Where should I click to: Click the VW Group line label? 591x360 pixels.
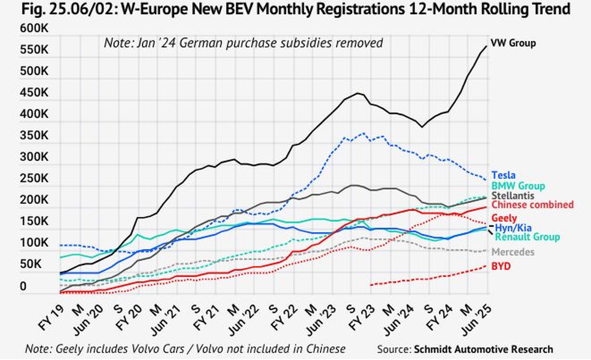tap(513, 43)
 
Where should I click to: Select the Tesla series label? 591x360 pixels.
tap(503, 175)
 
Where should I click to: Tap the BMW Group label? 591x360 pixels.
tap(518, 186)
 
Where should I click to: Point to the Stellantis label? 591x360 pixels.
tap(513, 195)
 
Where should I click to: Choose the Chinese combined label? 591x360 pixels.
tap(532, 205)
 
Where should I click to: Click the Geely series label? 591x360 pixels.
tap(504, 218)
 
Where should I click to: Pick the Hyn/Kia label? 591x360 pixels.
tap(513, 228)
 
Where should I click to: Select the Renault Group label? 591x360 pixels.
tap(527, 237)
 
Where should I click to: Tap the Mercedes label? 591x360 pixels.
tap(513, 252)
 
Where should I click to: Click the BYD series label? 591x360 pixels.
tap(501, 266)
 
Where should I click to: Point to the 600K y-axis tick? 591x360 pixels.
tap(34, 28)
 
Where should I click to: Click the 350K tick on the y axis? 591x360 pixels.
tap(34, 135)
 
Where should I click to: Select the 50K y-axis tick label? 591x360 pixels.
tap(31, 264)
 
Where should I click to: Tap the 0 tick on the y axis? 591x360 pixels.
tap(23, 286)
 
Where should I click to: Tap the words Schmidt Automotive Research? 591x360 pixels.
tap(483, 349)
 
